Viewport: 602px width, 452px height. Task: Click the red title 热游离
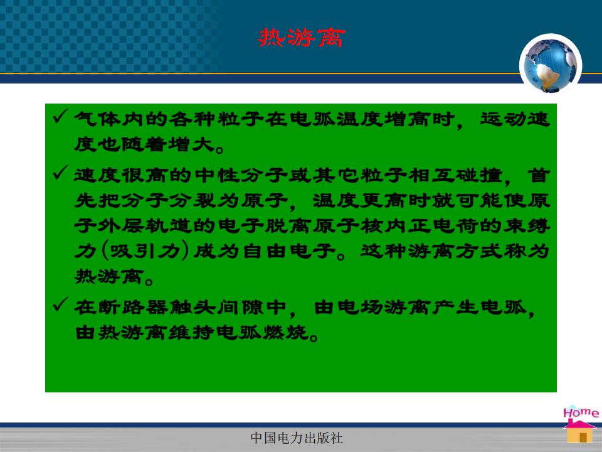(x=302, y=38)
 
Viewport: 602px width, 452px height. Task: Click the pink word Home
(x=581, y=412)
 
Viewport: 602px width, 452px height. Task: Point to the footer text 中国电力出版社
(x=297, y=438)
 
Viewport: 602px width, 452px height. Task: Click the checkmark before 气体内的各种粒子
(x=61, y=117)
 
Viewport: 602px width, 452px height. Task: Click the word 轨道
(x=169, y=225)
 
